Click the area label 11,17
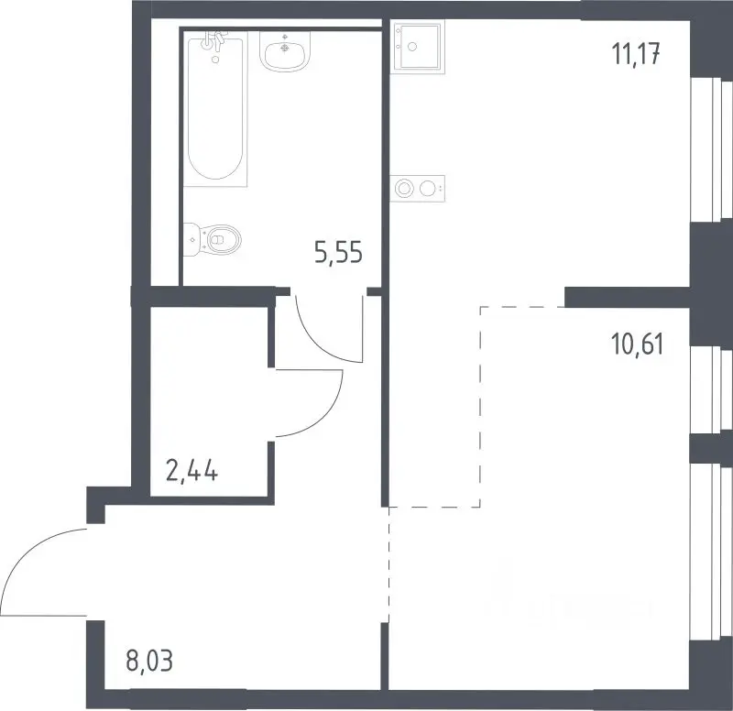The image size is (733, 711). point(636,54)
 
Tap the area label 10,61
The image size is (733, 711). point(637,345)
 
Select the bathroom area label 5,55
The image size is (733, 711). point(338,253)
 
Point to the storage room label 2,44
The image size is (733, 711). point(191,470)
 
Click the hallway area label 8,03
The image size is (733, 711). point(149,661)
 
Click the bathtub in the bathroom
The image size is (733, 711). point(215,109)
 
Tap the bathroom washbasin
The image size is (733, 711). point(285,51)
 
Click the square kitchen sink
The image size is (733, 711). point(418,47)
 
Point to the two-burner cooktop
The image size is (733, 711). point(418,189)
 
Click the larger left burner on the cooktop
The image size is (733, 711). point(404,189)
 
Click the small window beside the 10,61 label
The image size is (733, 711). point(711,390)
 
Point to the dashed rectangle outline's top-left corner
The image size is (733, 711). point(480,307)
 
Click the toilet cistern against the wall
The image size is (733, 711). point(191,239)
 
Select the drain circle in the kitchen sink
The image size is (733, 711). point(412,47)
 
